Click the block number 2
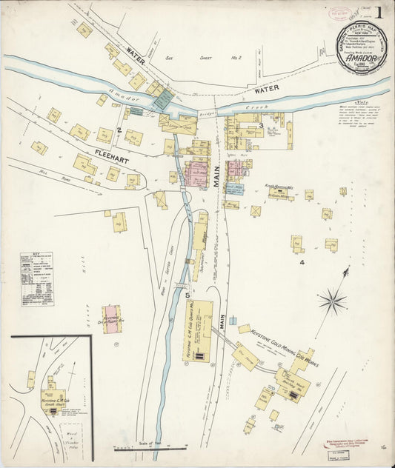(x=118, y=130)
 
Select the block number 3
(x=261, y=126)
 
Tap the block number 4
(x=302, y=262)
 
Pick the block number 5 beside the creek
(x=187, y=295)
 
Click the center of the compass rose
(x=333, y=300)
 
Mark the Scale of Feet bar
(x=150, y=447)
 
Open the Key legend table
(x=36, y=278)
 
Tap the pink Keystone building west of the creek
(x=112, y=319)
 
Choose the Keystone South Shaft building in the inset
(x=53, y=395)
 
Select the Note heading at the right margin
(x=362, y=103)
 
